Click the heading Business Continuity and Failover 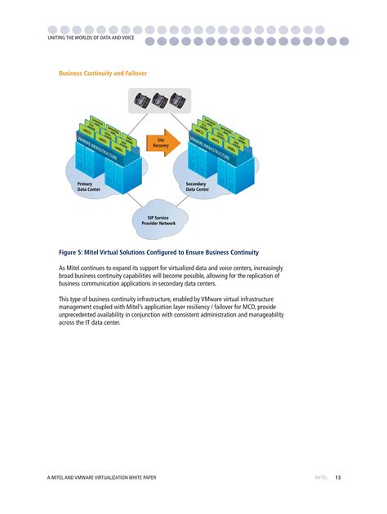[102, 73]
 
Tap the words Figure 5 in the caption [69, 254]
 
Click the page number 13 [337, 476]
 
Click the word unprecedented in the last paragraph [85, 316]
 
